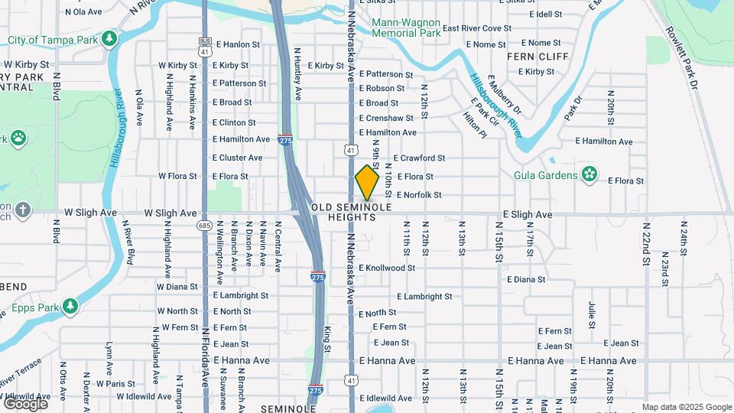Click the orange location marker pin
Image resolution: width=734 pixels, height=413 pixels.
coord(367,183)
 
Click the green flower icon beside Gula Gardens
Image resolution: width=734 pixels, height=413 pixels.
coord(589,175)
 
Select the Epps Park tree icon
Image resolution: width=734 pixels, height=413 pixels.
coord(70,307)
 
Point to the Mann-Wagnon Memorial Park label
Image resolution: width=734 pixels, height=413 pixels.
coord(406,28)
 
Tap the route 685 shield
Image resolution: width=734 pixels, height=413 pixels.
coord(203,226)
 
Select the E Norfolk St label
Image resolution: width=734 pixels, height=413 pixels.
coord(419,195)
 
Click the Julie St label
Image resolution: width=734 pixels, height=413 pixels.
coord(592,314)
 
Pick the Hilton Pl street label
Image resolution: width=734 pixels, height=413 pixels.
coord(474,125)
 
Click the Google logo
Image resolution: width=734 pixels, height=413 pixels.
coord(25,403)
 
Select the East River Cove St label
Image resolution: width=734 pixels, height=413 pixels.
coord(476,28)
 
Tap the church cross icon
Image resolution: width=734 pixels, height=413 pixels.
coord(23,209)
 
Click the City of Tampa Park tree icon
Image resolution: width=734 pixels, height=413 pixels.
coord(110,37)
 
